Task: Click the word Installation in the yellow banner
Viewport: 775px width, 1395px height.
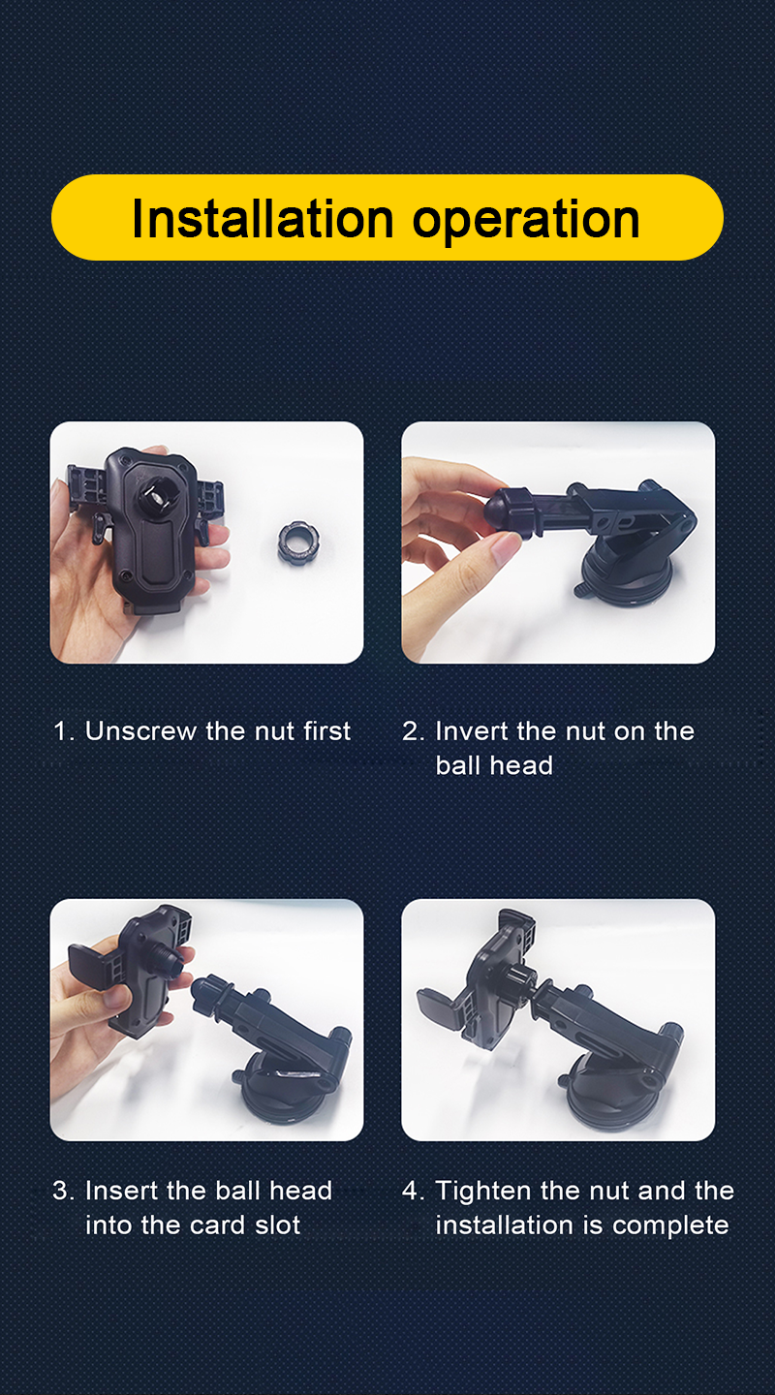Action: pyautogui.click(x=263, y=219)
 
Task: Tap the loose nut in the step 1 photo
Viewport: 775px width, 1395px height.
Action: pyautogui.click(x=298, y=543)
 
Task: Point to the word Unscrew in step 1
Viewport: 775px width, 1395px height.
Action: pyautogui.click(x=140, y=731)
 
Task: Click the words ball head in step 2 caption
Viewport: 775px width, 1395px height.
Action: pyautogui.click(x=494, y=765)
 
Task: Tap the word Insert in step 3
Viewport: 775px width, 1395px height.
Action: pyautogui.click(x=121, y=1191)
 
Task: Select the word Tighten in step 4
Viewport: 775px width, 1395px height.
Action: pyautogui.click(x=483, y=1192)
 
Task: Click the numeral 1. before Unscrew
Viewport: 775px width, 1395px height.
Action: pyautogui.click(x=64, y=731)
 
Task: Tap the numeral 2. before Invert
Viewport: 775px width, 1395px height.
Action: pyautogui.click(x=413, y=731)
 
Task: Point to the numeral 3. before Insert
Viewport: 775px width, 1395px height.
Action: pyautogui.click(x=64, y=1191)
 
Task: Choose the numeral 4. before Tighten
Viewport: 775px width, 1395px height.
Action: pyautogui.click(x=414, y=1191)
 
